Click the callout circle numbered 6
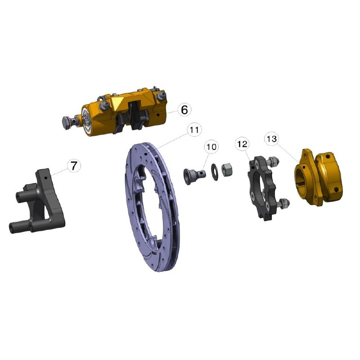click(184, 109)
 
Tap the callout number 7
click(74, 166)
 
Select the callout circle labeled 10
click(211, 147)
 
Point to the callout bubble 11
click(194, 130)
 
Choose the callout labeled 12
click(242, 144)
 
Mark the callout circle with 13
click(272, 139)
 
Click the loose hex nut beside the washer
click(226, 170)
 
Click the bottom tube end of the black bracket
click(13, 227)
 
